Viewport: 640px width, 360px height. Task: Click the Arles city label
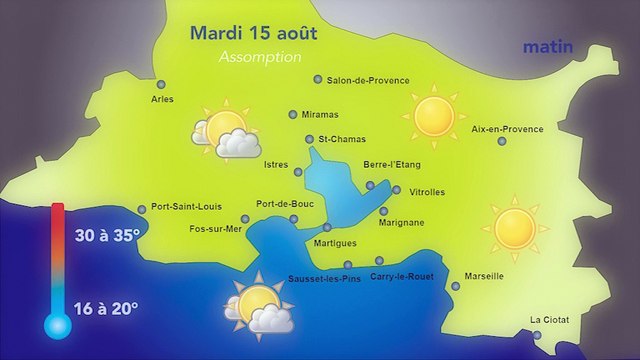click(162, 99)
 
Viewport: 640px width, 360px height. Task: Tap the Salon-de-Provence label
click(361, 80)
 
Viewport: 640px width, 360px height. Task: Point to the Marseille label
click(485, 276)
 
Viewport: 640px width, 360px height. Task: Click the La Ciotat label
click(549, 320)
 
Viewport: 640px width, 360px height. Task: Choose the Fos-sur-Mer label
click(215, 229)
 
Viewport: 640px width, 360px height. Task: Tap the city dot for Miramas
click(293, 115)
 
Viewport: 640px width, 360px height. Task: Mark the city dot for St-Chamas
click(310, 139)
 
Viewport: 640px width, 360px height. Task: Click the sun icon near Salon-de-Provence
click(434, 114)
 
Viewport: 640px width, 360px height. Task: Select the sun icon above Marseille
click(515, 227)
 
